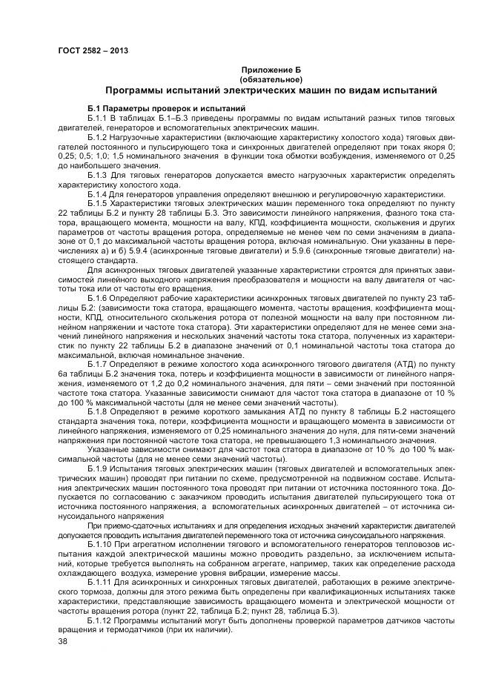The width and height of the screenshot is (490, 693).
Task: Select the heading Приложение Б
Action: pos(271,68)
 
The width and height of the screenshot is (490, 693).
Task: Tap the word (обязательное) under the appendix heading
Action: pos(271,78)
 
